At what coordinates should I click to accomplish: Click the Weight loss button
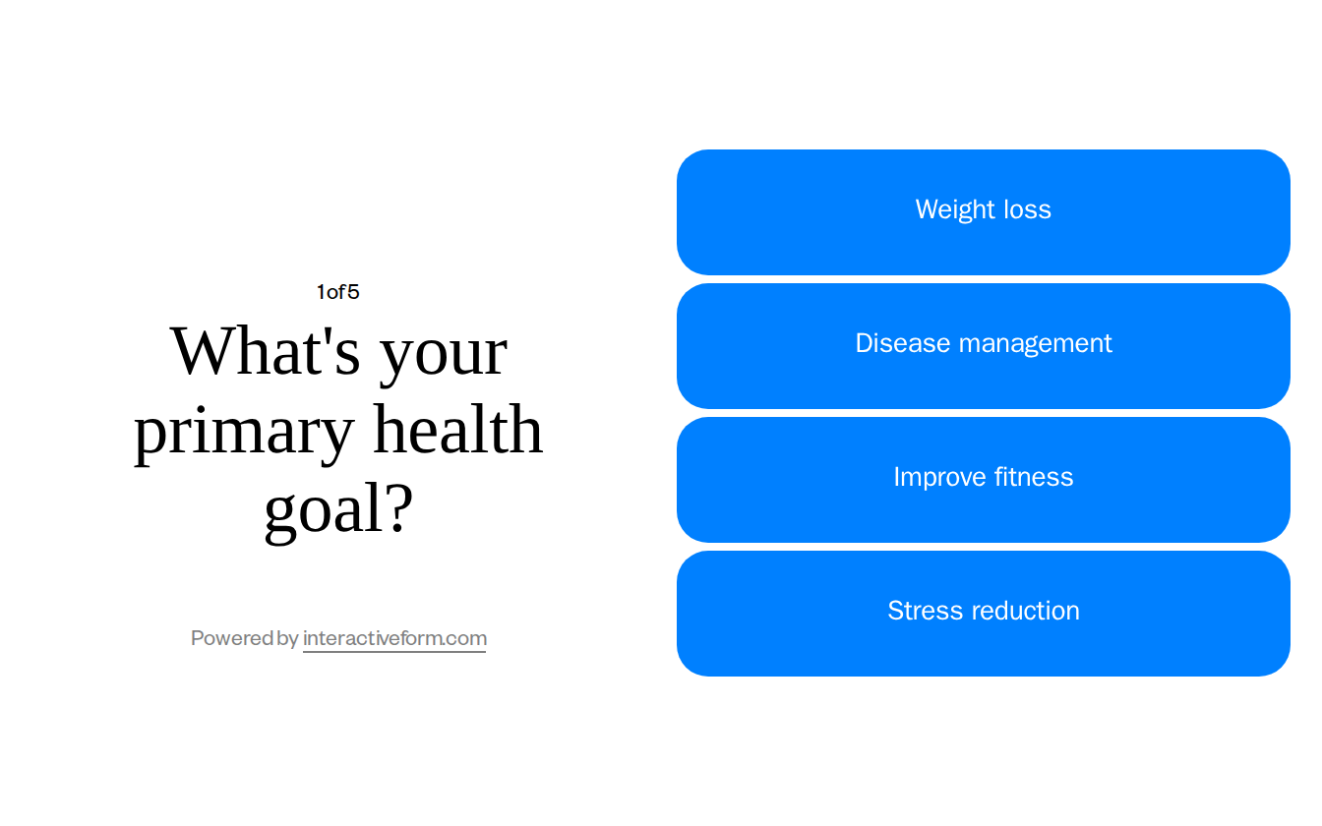click(x=984, y=212)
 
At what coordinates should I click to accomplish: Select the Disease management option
click(x=984, y=346)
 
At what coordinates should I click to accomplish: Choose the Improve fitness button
click(x=984, y=480)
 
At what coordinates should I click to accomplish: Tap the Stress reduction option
click(x=984, y=614)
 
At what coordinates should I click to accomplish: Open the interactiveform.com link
click(x=394, y=638)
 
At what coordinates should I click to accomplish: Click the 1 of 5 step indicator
click(x=337, y=292)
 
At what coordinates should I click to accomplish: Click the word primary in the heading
click(x=243, y=432)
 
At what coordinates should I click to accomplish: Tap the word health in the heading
click(x=457, y=430)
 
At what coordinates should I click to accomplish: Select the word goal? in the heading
click(x=338, y=509)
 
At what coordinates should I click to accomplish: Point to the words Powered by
click(x=244, y=638)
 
